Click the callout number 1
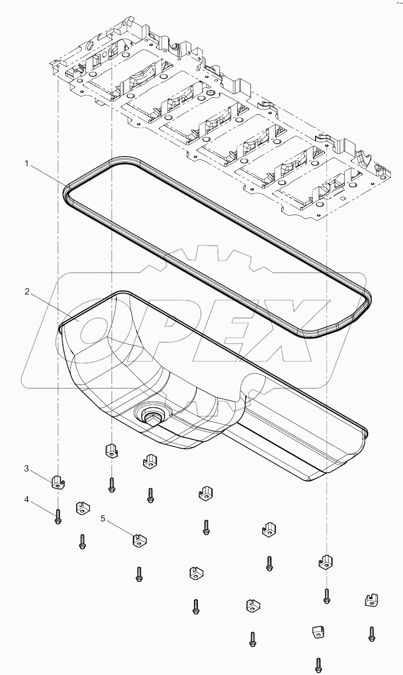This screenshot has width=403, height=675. click(x=27, y=164)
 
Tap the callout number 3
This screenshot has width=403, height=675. click(x=27, y=468)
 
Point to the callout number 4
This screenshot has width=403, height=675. click(x=27, y=500)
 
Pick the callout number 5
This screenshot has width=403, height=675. click(x=103, y=518)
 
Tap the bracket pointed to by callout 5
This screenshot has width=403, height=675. click(x=139, y=540)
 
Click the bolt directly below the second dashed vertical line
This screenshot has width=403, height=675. click(x=111, y=485)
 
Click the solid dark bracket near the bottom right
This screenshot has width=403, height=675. click(x=317, y=632)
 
